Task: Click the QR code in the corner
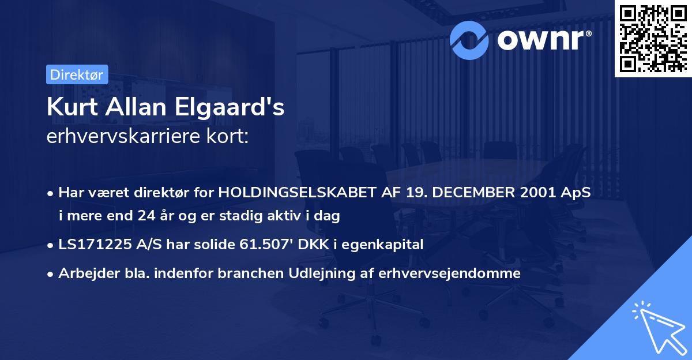[x=652, y=38]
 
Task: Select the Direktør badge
[x=76, y=74]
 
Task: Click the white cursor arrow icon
[x=657, y=326]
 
